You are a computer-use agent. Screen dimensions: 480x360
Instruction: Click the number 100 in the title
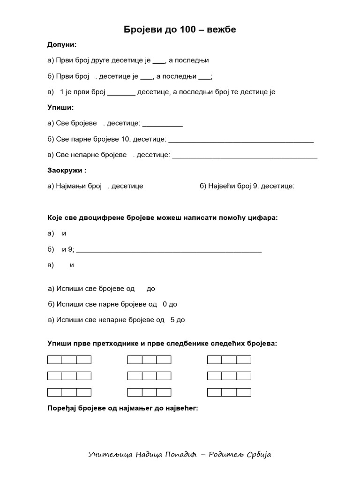coord(187,30)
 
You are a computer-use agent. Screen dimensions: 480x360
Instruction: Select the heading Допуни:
coord(62,45)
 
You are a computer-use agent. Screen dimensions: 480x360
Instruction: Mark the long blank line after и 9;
coord(169,251)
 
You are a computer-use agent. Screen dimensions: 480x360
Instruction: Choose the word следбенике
coord(179,344)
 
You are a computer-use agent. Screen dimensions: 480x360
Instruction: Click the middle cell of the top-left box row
coord(69,360)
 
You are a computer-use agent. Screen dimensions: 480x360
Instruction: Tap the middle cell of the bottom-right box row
coord(229,392)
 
